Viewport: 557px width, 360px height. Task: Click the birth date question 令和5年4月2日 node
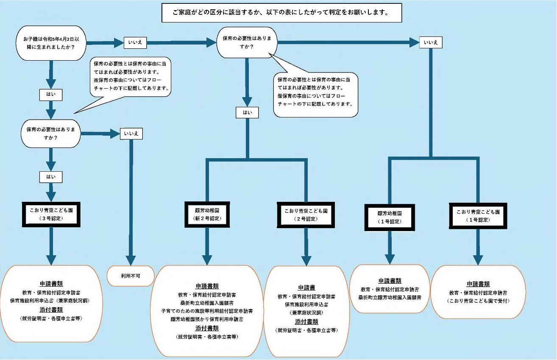pos(51,43)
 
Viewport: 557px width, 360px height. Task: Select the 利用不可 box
pos(131,276)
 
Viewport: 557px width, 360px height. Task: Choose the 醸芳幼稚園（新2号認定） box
pos(207,214)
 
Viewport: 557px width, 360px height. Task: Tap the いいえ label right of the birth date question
pos(134,42)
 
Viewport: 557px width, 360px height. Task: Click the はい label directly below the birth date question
pos(51,95)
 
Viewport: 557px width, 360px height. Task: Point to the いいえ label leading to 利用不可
pos(131,134)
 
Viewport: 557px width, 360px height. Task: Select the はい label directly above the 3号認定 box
pos(51,176)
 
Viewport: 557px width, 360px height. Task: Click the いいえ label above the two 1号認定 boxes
pos(431,42)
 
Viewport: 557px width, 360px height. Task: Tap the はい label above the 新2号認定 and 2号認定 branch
pos(247,112)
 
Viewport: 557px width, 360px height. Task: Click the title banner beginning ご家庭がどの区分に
pos(281,13)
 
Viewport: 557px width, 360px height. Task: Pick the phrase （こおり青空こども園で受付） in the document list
pos(478,301)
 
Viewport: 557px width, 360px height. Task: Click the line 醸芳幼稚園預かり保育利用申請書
pos(207,319)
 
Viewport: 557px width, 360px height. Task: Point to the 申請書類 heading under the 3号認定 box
pos(51,284)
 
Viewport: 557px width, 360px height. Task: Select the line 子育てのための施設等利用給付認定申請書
pos(207,311)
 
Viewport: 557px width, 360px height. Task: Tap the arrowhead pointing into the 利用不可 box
pos(131,260)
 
